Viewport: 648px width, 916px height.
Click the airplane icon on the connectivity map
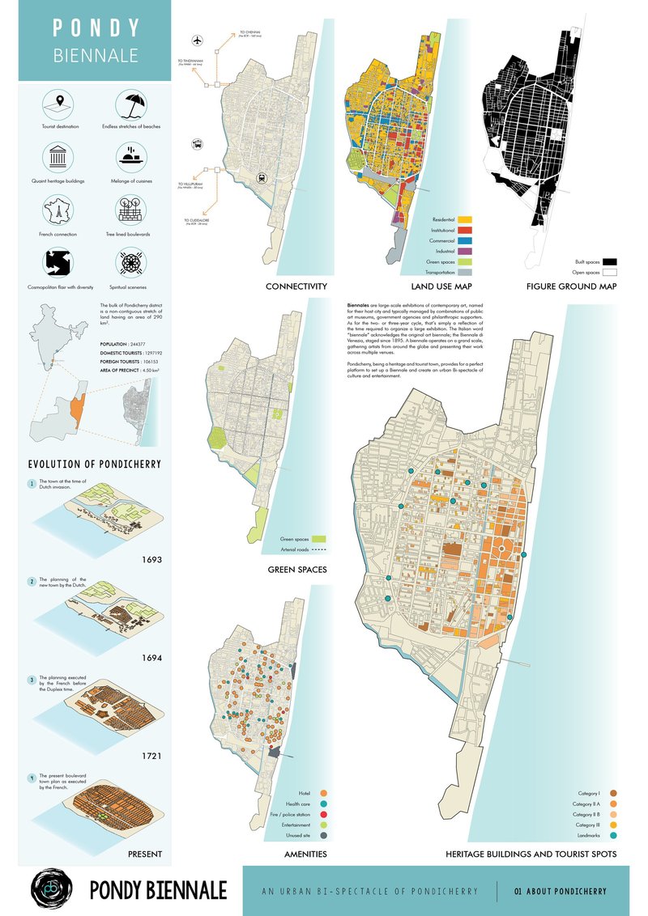(x=197, y=40)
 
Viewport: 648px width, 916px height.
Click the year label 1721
(x=151, y=756)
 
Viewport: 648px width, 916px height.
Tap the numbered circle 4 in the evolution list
(x=32, y=778)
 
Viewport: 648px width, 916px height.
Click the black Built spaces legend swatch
(x=610, y=261)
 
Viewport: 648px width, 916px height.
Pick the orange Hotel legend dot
(x=323, y=792)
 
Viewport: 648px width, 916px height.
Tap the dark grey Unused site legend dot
(x=323, y=835)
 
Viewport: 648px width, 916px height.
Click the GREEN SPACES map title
(x=297, y=570)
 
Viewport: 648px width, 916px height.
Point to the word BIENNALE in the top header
(x=96, y=56)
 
